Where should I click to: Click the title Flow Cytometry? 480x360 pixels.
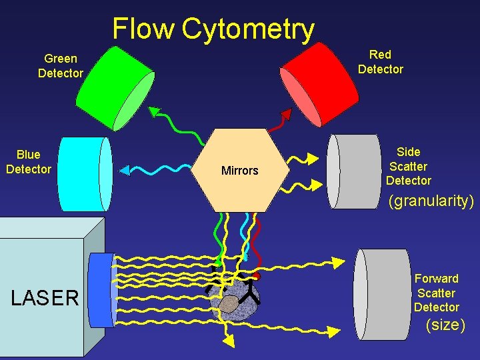213,29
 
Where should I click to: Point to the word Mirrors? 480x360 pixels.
239,171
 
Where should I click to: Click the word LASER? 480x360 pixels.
45,297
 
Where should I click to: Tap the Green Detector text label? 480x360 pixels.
60,66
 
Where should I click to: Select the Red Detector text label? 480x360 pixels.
380,61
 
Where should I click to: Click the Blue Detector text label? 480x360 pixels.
28,162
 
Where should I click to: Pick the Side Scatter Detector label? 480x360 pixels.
408,166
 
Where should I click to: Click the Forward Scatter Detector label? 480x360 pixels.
436,293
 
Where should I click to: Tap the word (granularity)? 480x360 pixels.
431,200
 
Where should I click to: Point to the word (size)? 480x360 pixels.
445,325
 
